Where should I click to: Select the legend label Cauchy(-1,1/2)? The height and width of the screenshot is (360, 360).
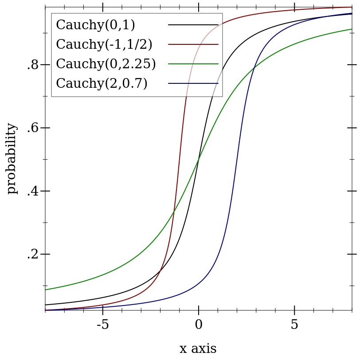coord(104,44)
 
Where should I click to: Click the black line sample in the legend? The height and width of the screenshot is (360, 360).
coord(193,25)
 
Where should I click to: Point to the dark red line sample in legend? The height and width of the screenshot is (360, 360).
coord(193,44)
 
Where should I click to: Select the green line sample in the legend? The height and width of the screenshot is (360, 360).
coord(193,64)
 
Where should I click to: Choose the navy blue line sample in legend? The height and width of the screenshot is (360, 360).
coord(193,83)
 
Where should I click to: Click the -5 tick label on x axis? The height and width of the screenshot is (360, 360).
coord(102,325)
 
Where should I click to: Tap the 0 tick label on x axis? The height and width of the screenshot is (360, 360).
coord(199,325)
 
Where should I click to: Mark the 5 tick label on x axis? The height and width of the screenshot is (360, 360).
coord(294,325)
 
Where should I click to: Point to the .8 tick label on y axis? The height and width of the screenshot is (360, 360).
coord(32,65)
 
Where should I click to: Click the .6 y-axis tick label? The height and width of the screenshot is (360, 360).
coord(32,128)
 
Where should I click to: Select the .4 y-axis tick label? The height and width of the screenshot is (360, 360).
coord(32,192)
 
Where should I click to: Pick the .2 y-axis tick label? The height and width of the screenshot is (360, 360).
coord(32,254)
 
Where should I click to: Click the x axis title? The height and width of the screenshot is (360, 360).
coord(198,349)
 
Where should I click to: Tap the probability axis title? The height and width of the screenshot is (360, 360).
coord(12,158)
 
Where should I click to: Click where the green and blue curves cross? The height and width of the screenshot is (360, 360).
coord(254,68)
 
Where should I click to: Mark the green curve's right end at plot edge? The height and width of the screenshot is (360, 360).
coord(352,29)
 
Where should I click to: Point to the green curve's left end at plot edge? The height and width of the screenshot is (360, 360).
coord(46,290)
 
